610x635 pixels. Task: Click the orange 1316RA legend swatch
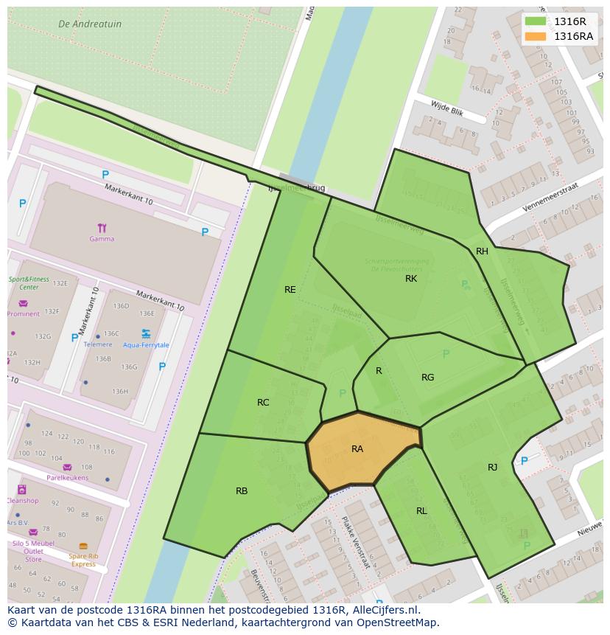coord(536,36)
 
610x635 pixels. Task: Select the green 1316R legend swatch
coord(536,21)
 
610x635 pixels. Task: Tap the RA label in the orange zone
coord(357,448)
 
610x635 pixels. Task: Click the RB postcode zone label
coord(242,491)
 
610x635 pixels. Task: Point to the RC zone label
coord(263,403)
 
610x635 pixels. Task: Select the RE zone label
coord(290,290)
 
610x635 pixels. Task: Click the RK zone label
coord(411,279)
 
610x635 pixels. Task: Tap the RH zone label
coord(482,251)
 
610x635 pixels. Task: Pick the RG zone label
coord(427,378)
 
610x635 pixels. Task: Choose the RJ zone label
coord(492,467)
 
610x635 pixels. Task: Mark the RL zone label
coord(421,511)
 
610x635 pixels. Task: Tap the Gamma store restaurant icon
coord(102,228)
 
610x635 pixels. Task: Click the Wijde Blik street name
coord(446,107)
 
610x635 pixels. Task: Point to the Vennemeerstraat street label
coord(551,198)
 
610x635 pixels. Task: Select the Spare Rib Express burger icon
coord(83,546)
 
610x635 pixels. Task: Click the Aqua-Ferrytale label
coord(146,345)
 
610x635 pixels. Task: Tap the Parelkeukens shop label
coord(67,477)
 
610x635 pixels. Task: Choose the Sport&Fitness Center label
coord(29,283)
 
